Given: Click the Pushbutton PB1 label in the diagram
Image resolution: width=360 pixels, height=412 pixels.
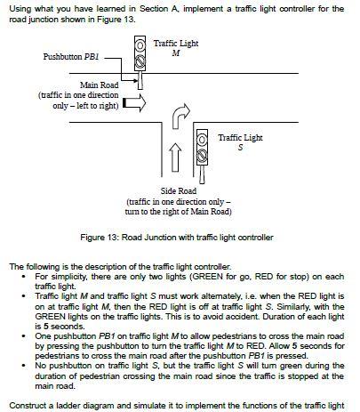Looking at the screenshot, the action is [71, 57].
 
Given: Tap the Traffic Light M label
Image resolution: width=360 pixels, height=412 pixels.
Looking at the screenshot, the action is [176, 48].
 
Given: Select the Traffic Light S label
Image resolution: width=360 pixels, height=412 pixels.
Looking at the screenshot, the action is [240, 142].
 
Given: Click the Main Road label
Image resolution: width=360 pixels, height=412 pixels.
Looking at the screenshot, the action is [100, 85].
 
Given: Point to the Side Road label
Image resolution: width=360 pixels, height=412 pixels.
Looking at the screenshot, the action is [179, 190].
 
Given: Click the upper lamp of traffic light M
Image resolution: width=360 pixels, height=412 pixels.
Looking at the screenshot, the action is [140, 45].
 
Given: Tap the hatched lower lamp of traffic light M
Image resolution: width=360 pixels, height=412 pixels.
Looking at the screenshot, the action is [140, 62].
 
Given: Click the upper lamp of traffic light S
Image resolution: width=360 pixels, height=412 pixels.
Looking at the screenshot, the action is [203, 140].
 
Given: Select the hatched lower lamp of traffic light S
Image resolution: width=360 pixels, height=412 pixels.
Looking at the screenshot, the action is [203, 156].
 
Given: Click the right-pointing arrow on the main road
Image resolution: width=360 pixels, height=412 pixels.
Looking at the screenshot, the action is [134, 103].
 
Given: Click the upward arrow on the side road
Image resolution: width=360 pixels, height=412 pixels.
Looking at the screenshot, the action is [175, 158].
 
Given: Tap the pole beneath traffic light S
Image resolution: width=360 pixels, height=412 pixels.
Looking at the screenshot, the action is [203, 174].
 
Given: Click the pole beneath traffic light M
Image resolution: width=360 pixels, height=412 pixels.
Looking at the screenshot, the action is [140, 80].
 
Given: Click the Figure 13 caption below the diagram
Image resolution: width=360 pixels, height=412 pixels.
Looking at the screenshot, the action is [177, 238].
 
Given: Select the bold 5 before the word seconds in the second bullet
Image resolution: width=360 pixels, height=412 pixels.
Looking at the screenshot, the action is [46, 327].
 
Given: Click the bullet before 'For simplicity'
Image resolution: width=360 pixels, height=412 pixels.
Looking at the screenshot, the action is [24, 277].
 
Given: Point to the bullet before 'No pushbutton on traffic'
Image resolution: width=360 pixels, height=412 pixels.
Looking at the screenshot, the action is [24, 366].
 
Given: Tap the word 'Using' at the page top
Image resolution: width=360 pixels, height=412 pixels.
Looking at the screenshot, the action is [20, 9].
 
